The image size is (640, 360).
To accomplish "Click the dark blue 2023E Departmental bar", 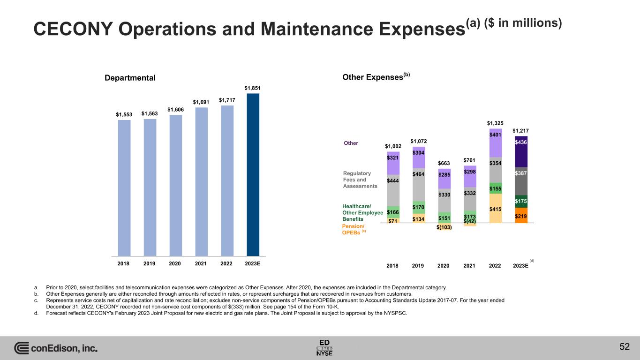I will pos(253,174).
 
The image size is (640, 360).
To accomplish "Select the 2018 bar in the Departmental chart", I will pos(124,187).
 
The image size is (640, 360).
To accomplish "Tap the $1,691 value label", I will pos(201,102).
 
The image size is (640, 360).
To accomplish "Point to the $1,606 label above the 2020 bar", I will pos(175,109).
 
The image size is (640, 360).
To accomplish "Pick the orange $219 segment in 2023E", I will pos(521,216).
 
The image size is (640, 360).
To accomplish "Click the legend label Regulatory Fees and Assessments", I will pos(360,180).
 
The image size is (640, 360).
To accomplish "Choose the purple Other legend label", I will pos(351,143).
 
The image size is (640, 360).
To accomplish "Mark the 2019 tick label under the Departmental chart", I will pos(150,263).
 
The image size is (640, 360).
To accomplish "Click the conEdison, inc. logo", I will pos(56,348).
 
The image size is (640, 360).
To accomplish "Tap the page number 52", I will pos(624,347).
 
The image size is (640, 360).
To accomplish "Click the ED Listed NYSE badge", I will pos(324,347).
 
